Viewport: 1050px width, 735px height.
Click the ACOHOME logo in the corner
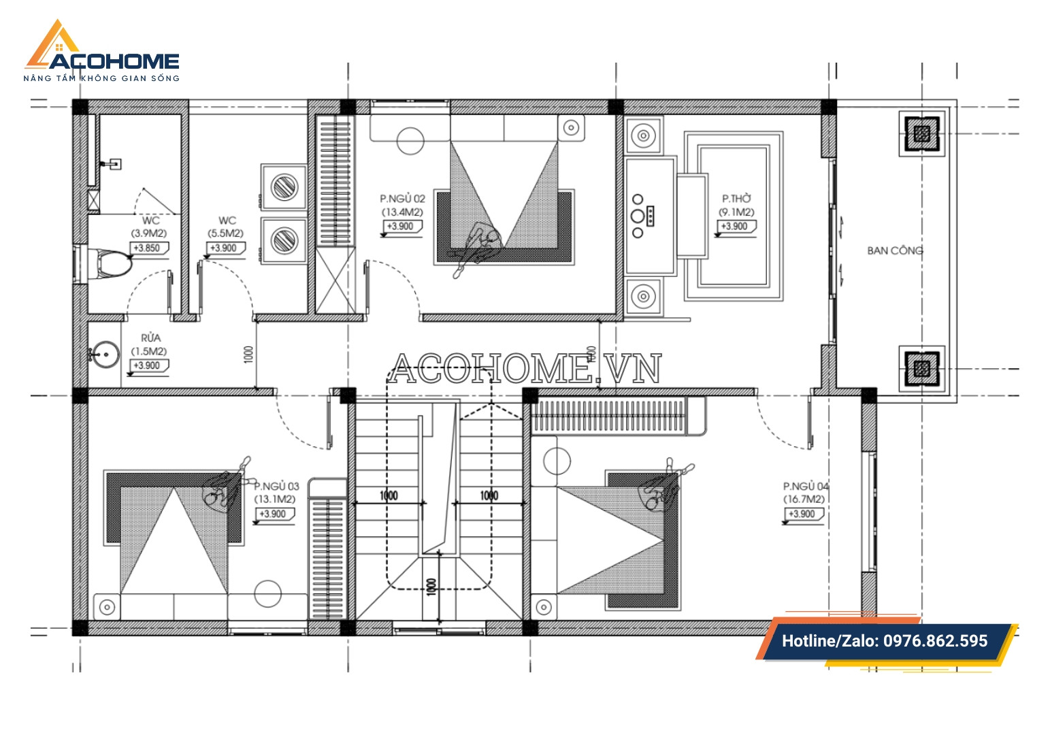pos(101,51)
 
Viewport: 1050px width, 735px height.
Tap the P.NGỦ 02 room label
pos(402,199)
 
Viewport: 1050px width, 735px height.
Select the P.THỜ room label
pos(736,199)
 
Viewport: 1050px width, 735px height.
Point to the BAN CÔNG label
pos(895,250)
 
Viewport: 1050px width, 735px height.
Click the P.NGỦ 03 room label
pos(276,486)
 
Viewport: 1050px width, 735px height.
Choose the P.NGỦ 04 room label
pos(806,486)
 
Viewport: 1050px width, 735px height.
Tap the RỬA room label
pos(151,338)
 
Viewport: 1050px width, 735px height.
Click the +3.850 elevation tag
pos(148,248)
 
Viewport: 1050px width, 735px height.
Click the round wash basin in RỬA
pos(105,355)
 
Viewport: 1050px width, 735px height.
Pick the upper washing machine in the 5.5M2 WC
pos(284,186)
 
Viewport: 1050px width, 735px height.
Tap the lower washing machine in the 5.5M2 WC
pos(284,240)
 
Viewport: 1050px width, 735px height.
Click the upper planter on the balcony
pos(921,134)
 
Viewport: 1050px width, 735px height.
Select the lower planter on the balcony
pos(921,369)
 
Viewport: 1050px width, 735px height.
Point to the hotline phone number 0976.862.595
pos(935,641)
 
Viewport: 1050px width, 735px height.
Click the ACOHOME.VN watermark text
pos(525,368)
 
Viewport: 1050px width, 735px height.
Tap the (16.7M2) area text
pos(804,500)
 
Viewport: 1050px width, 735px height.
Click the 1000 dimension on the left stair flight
pos(389,495)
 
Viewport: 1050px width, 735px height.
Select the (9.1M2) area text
pos(736,212)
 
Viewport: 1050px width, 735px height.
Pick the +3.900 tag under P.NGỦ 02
pos(401,227)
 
